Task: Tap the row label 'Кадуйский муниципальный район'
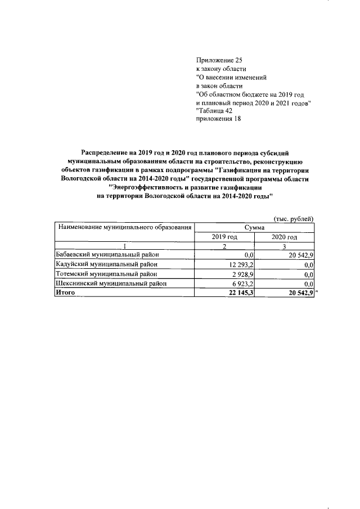[x=105, y=264]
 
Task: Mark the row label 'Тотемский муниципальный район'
[x=105, y=273]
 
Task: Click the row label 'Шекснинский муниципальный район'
[x=109, y=283]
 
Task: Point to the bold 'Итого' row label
[x=65, y=292]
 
